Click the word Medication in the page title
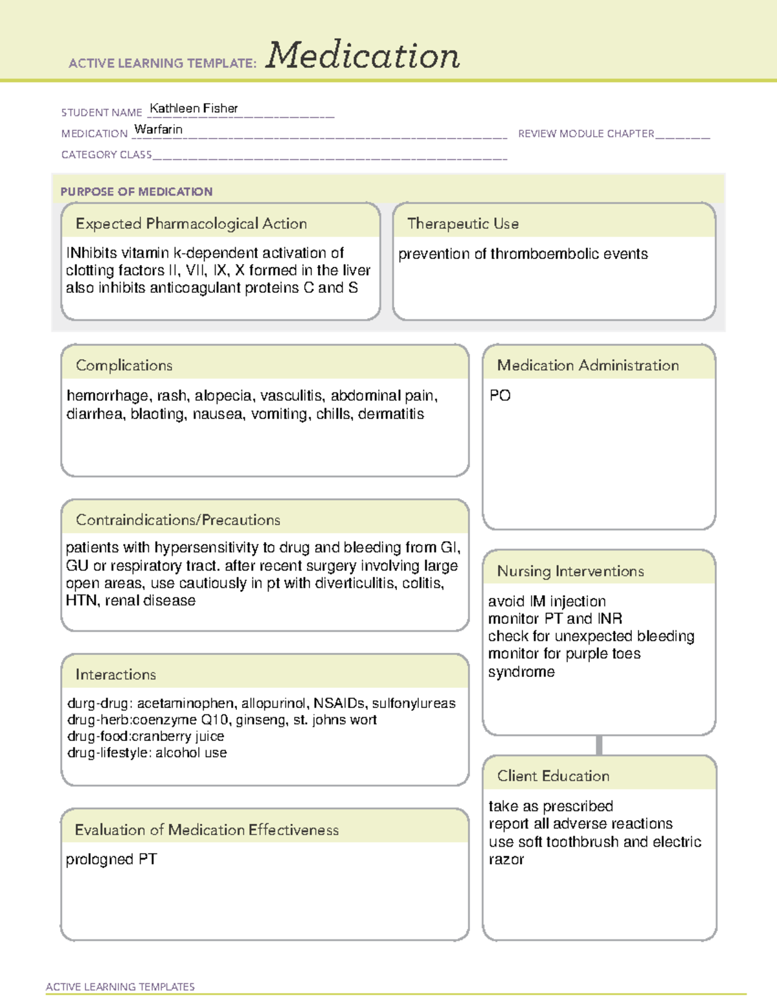(x=363, y=56)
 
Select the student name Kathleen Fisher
(x=194, y=108)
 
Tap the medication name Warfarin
(x=159, y=130)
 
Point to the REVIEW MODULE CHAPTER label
(x=586, y=133)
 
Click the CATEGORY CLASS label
(x=106, y=155)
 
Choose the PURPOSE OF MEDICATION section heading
(x=136, y=192)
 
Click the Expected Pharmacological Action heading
(x=191, y=223)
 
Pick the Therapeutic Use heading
(x=463, y=223)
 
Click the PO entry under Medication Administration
(x=500, y=396)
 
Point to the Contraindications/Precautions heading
(x=178, y=520)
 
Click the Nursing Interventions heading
(x=570, y=571)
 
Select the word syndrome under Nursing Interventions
(x=521, y=672)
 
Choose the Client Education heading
(x=553, y=776)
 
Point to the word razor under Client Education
(x=506, y=860)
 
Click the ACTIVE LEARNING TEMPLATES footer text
(x=120, y=987)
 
